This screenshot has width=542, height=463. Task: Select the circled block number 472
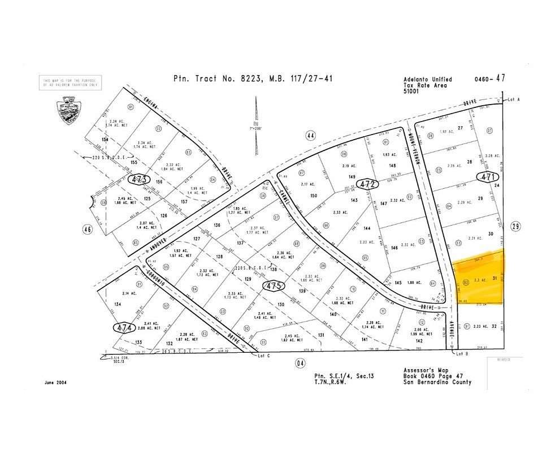pyautogui.click(x=368, y=184)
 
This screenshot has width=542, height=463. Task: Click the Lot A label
pyautogui.click(x=513, y=99)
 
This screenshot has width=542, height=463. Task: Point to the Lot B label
pyautogui.click(x=463, y=354)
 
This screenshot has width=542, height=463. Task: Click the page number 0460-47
pyautogui.click(x=489, y=79)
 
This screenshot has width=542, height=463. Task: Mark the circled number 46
pyautogui.click(x=87, y=230)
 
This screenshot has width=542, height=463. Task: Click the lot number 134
pyautogui.click(x=118, y=304)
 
